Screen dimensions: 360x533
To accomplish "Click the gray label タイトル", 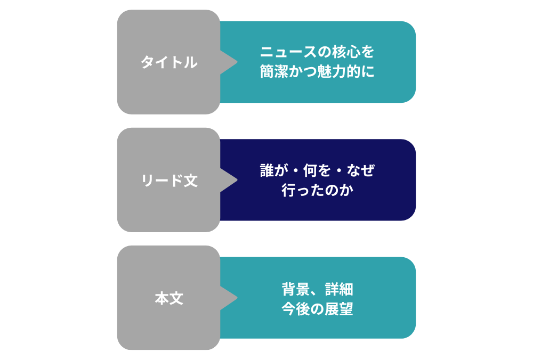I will pyautogui.click(x=168, y=62).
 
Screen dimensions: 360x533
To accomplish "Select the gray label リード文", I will pyautogui.click(x=168, y=181).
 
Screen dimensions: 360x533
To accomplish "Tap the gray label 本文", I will pyautogui.click(x=168, y=298).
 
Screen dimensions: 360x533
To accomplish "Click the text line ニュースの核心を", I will pyautogui.click(x=317, y=53).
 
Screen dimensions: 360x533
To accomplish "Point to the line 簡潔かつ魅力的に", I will pyautogui.click(x=317, y=72).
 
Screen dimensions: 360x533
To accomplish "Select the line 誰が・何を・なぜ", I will pyautogui.click(x=317, y=171).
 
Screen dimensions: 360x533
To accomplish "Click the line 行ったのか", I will pyautogui.click(x=317, y=190).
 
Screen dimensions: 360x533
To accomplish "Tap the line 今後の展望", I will pyautogui.click(x=317, y=309).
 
